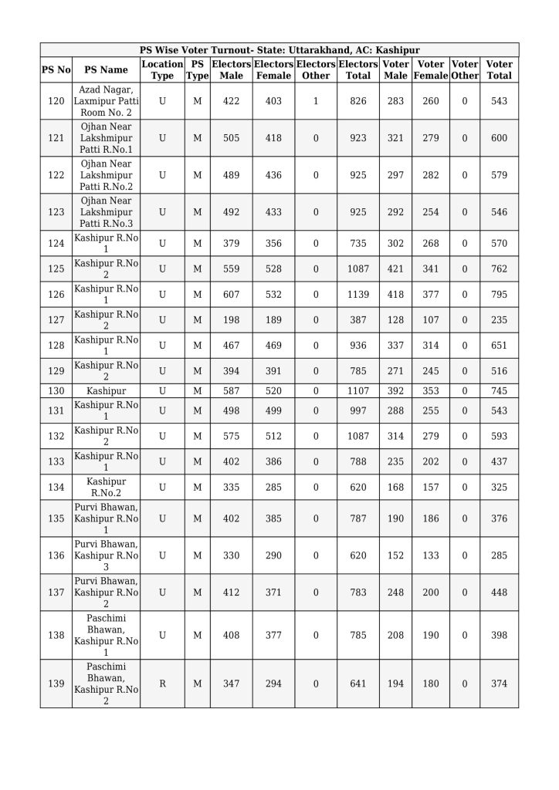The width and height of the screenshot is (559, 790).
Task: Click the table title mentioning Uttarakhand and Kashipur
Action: [279, 50]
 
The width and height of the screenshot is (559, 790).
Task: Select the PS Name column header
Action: [106, 69]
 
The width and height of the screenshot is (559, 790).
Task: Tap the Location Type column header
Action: [162, 69]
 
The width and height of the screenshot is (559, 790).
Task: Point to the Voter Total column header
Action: [499, 69]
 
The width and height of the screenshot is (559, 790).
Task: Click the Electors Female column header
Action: [273, 69]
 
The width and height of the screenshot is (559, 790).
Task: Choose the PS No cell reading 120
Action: [56, 102]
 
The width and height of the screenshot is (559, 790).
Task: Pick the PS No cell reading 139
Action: [56, 684]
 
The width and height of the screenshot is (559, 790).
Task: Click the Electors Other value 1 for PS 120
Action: [316, 102]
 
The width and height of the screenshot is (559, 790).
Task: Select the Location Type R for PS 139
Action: [162, 684]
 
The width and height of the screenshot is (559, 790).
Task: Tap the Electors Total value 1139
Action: [358, 295]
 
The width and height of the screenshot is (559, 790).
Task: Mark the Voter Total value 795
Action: [499, 295]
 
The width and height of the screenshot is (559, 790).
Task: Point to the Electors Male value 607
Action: [231, 295]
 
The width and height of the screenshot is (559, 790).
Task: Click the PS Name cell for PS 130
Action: [106, 391]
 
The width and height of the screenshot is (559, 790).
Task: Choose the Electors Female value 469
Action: [273, 346]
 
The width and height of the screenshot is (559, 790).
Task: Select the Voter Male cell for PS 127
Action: [395, 320]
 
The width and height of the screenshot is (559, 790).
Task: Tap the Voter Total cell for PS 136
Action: [499, 555]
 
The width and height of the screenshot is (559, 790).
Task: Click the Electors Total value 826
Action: [358, 102]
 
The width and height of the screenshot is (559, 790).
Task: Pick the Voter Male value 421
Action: [395, 269]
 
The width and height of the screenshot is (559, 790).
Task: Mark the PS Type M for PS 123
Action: [197, 212]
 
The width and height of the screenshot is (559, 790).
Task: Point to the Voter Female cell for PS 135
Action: [431, 518]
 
